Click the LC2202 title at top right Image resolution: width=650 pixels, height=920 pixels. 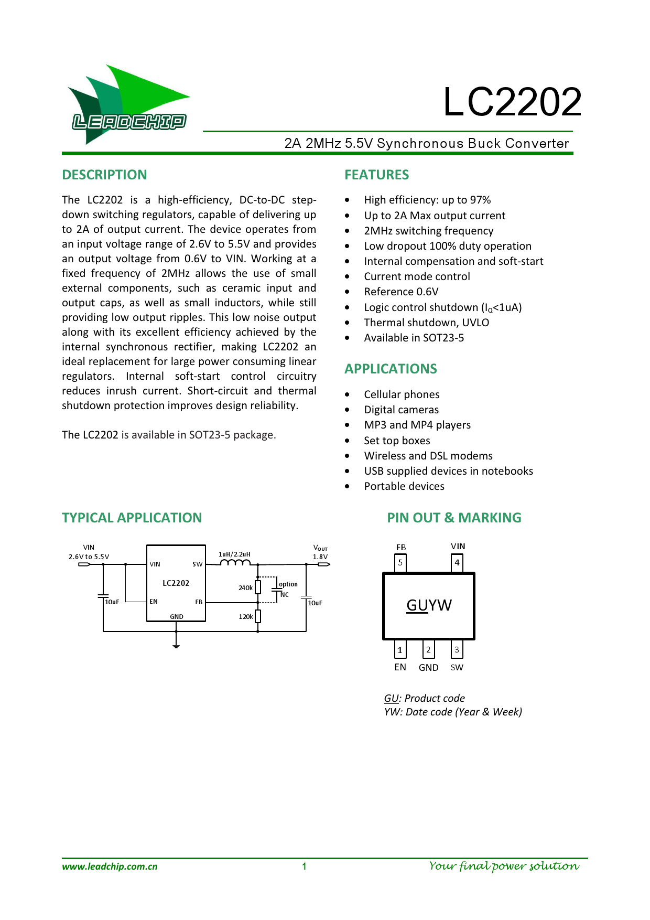(512, 102)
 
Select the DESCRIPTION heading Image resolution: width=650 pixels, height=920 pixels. (104, 175)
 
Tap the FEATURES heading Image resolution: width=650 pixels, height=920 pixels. (376, 175)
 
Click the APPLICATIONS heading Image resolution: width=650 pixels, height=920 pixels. (391, 369)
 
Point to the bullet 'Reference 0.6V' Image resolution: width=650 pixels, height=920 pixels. (401, 292)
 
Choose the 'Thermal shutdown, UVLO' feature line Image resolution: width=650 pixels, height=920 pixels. (426, 323)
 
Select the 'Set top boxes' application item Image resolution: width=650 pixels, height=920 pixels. (397, 441)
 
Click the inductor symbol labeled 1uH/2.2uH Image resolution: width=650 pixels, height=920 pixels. (235, 563)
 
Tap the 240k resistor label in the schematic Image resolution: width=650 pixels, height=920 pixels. (245, 588)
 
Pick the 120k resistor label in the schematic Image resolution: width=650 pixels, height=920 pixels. (245, 617)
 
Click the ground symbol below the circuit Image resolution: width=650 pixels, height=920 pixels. (176, 645)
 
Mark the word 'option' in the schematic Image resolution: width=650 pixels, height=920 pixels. (288, 584)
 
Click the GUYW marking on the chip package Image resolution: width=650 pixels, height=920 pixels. (429, 605)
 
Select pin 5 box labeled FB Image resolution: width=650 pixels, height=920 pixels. (400, 563)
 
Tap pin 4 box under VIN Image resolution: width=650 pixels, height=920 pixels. (457, 563)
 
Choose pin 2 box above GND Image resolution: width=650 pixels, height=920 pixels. (428, 650)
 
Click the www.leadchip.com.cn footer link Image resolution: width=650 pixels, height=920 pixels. (110, 866)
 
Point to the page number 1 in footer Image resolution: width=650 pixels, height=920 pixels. (304, 866)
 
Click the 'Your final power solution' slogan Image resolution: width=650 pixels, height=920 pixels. (504, 866)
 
